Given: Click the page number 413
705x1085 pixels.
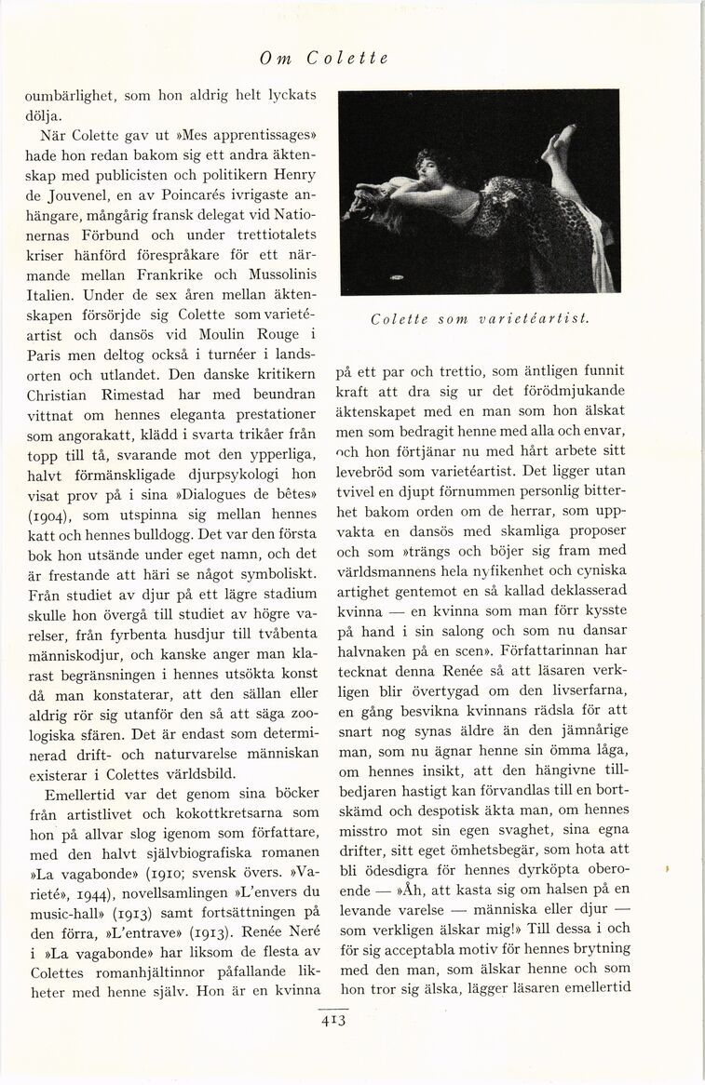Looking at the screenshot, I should [x=333, y=1020].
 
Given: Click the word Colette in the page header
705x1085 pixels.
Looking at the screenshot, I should [x=346, y=58].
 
